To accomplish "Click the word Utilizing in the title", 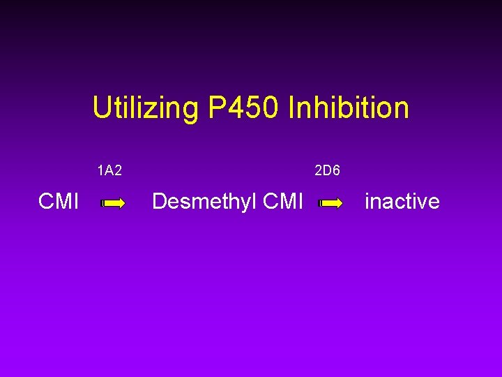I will coord(145,109).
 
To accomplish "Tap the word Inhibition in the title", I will coord(347,108).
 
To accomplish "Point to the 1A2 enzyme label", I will coord(110,170).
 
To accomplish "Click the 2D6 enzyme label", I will coord(327,170).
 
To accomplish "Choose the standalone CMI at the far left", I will coord(59,202).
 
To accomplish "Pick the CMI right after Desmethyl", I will coord(284,202).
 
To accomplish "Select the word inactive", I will coord(402,202).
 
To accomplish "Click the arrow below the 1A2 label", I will coord(113,203).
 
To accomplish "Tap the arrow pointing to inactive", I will coord(330,203).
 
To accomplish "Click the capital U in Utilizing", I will coord(101,108).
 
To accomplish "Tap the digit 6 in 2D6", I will coord(336,170).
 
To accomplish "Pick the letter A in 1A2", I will coord(110,170).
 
